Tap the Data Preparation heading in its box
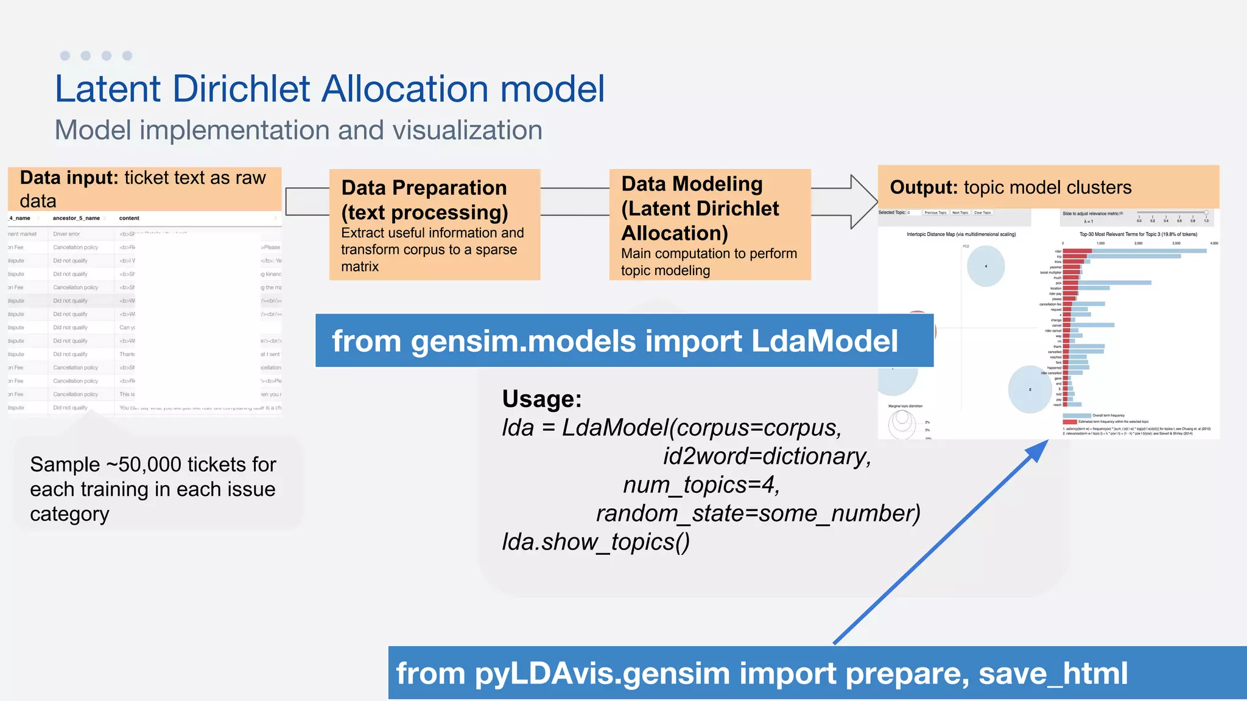pos(424,187)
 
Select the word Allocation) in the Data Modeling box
pos(675,233)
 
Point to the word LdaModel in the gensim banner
pos(824,341)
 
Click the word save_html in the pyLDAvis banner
pos(1053,674)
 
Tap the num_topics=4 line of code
pos(701,485)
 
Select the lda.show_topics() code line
pos(595,542)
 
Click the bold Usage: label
pos(542,399)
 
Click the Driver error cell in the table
pos(66,234)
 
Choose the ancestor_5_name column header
pos(76,218)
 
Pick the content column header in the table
pos(129,218)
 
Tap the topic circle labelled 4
pos(986,266)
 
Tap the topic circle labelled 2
pos(1030,389)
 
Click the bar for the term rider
pos(1133,251)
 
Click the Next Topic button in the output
pos(960,213)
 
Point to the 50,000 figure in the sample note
pos(150,464)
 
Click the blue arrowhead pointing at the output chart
pos(1038,451)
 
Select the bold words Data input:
pos(69,178)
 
